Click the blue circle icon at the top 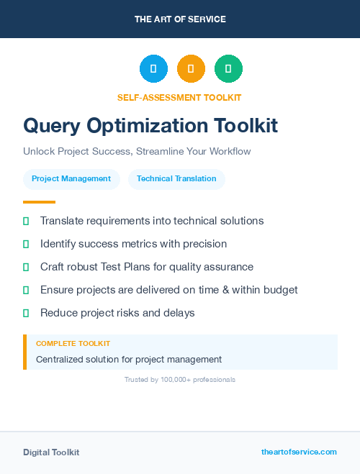pyautogui.click(x=153, y=68)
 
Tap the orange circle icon pyautogui.click(x=191, y=68)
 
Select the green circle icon pyautogui.click(x=228, y=68)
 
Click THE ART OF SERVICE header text pyautogui.click(x=180, y=19)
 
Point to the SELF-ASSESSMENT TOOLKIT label pyautogui.click(x=179, y=97)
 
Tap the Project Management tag pyautogui.click(x=71, y=179)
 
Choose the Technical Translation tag pyautogui.click(x=176, y=179)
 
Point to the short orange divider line pyautogui.click(x=39, y=202)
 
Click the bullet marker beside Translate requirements pyautogui.click(x=26, y=221)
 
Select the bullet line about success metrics pyautogui.click(x=133, y=244)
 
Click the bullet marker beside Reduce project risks pyautogui.click(x=26, y=313)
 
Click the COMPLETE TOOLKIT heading pyautogui.click(x=73, y=344)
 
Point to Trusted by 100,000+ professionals pyautogui.click(x=180, y=379)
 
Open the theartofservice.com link pyautogui.click(x=299, y=452)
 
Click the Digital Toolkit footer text pyautogui.click(x=51, y=452)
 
